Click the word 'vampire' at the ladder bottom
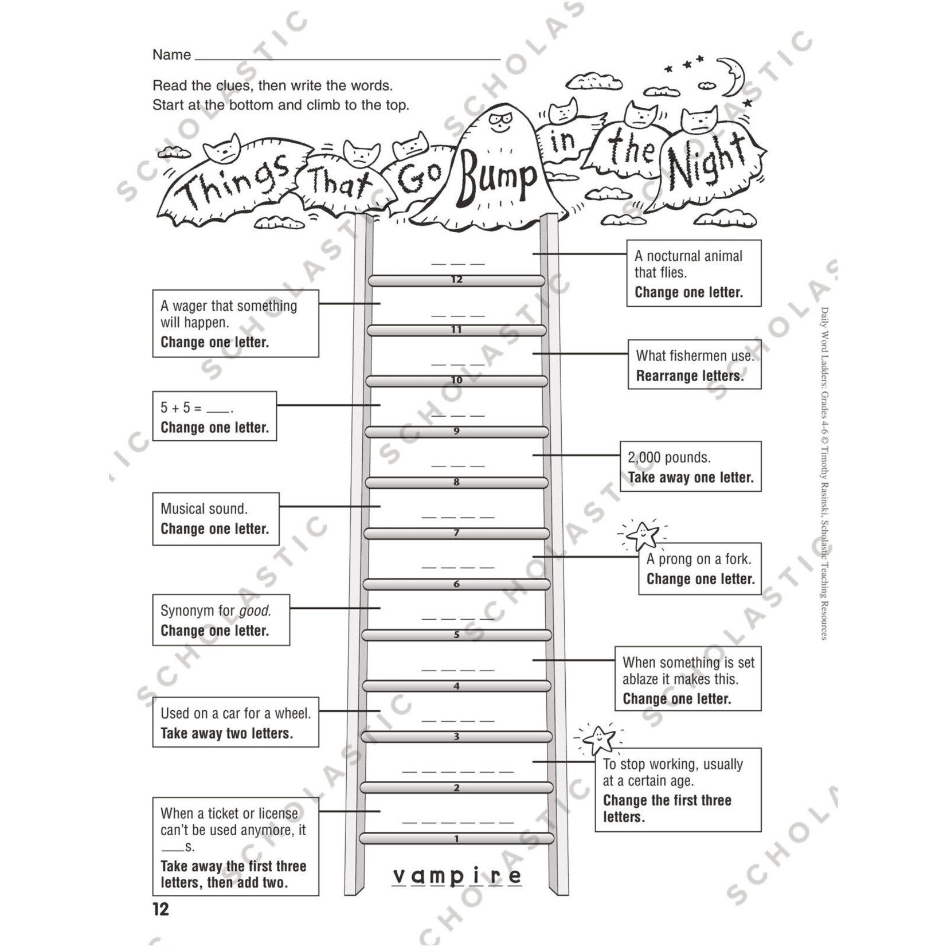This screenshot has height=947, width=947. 457,875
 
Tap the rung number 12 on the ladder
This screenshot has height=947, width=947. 456,280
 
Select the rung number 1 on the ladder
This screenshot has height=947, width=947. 456,839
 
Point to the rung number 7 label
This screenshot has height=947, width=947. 456,533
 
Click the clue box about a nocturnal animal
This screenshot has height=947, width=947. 693,273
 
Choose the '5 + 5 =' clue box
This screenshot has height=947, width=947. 214,416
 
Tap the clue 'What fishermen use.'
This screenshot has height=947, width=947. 694,356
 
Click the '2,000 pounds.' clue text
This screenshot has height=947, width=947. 669,457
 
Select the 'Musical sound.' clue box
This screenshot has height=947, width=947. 216,518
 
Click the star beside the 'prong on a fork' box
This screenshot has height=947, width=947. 642,535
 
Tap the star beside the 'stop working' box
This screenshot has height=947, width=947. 599,739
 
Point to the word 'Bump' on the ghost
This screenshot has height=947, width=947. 496,177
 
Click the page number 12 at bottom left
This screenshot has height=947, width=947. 161,910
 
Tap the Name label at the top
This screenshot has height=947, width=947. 171,55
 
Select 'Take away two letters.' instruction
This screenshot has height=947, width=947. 226,734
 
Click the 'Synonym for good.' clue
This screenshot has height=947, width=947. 216,611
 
